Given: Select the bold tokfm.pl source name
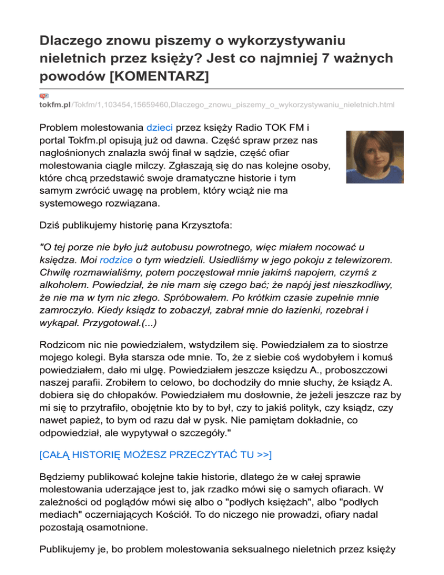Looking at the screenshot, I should pos(54,105).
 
